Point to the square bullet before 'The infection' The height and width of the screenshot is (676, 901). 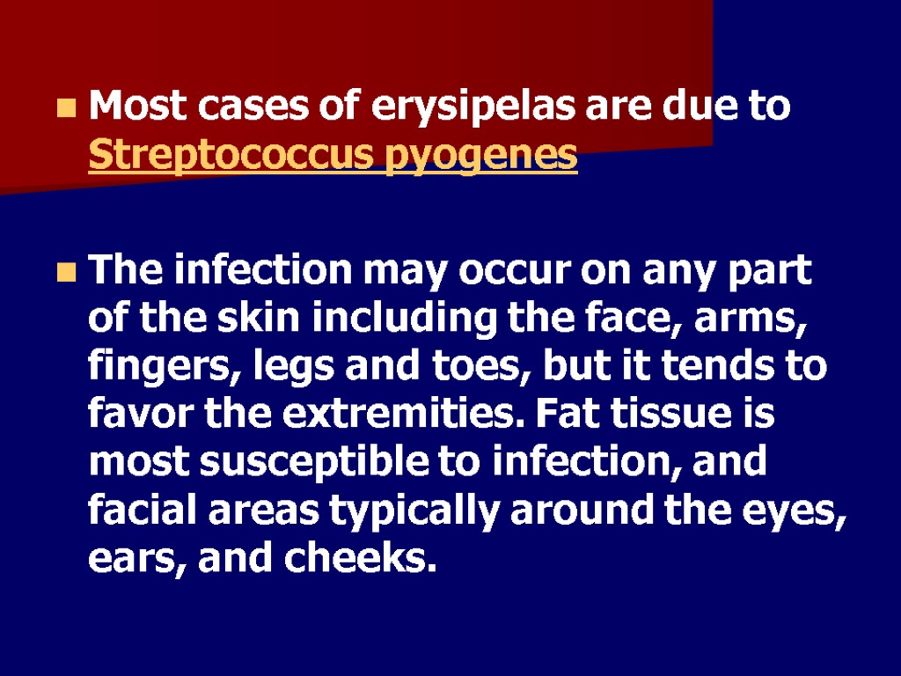[x=65, y=272]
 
